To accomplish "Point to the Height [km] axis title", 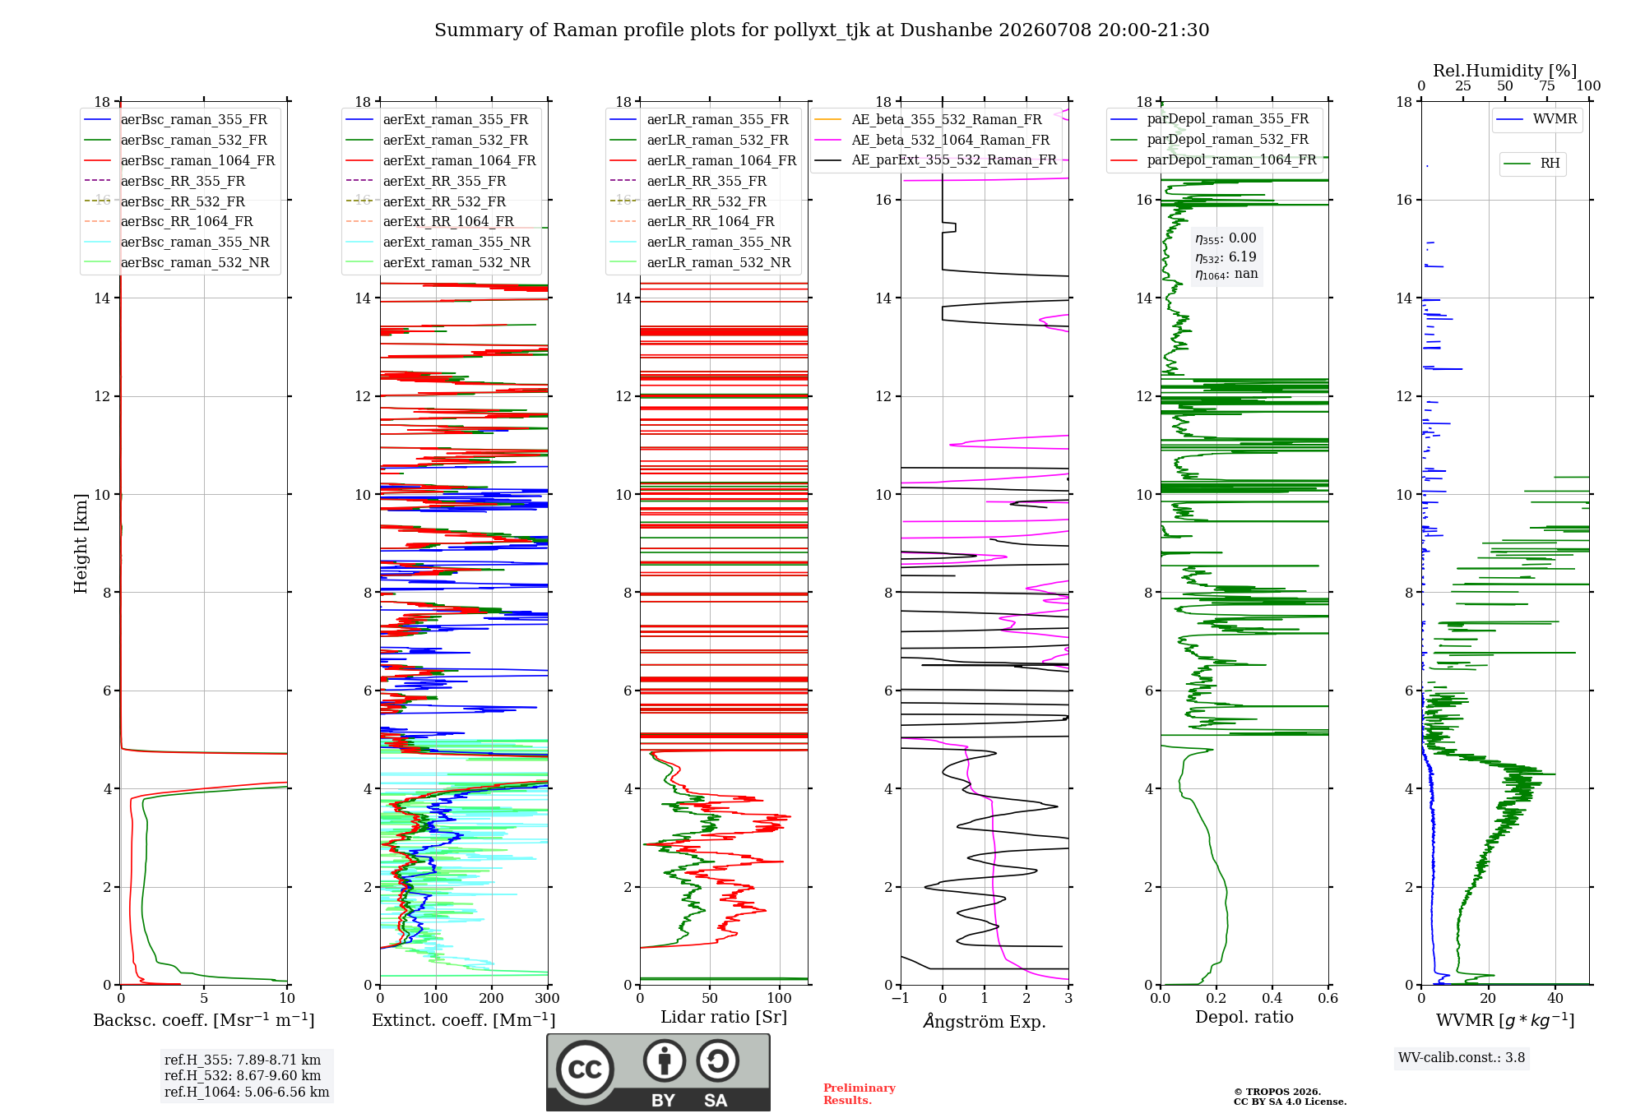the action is (x=81, y=543).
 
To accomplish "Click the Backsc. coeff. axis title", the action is (x=204, y=1020).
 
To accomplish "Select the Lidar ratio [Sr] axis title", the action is (x=724, y=1017).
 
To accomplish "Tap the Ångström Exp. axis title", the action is (x=985, y=1021).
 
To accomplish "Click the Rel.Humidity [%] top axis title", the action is (x=1505, y=71).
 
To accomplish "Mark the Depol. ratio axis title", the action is (x=1244, y=1017).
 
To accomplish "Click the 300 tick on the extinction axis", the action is (x=547, y=998).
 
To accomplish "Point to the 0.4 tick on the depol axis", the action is (x=1272, y=998).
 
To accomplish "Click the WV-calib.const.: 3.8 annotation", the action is (x=1462, y=1058).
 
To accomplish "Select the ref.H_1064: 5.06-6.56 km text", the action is (x=247, y=1093).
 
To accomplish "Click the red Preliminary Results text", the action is (x=860, y=1094).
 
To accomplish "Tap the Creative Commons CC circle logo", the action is (x=585, y=1069).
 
